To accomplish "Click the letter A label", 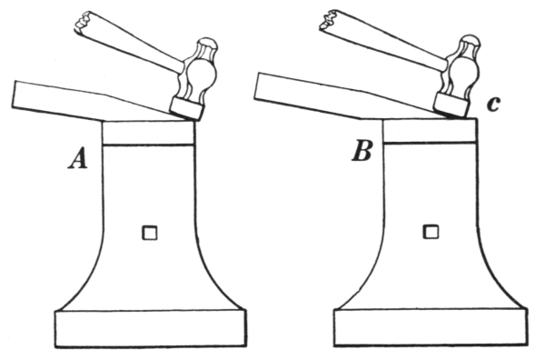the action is pos(78,158).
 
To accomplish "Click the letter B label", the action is pos(362,151).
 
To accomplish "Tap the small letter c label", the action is pos(494,104).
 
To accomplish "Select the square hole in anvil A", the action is pos(150,233).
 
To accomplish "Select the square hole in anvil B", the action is pos(431,232).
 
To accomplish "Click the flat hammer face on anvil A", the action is pos(186,108).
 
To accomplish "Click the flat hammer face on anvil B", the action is pos(451,105).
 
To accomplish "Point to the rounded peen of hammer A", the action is pos(207,45).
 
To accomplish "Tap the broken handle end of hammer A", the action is pos(83,22).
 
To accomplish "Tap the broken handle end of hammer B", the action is pos(329,19).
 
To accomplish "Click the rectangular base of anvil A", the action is pos(151,328).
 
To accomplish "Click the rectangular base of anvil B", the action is pos(431,327).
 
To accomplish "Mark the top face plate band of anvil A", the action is pos(148,133).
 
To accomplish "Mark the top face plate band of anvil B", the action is pos(430,130).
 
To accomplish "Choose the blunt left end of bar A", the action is pos(14,95).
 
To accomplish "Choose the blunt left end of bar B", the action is pos(256,86).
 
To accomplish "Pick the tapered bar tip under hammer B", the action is pos(451,115).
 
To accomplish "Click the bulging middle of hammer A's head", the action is pos(201,77).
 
